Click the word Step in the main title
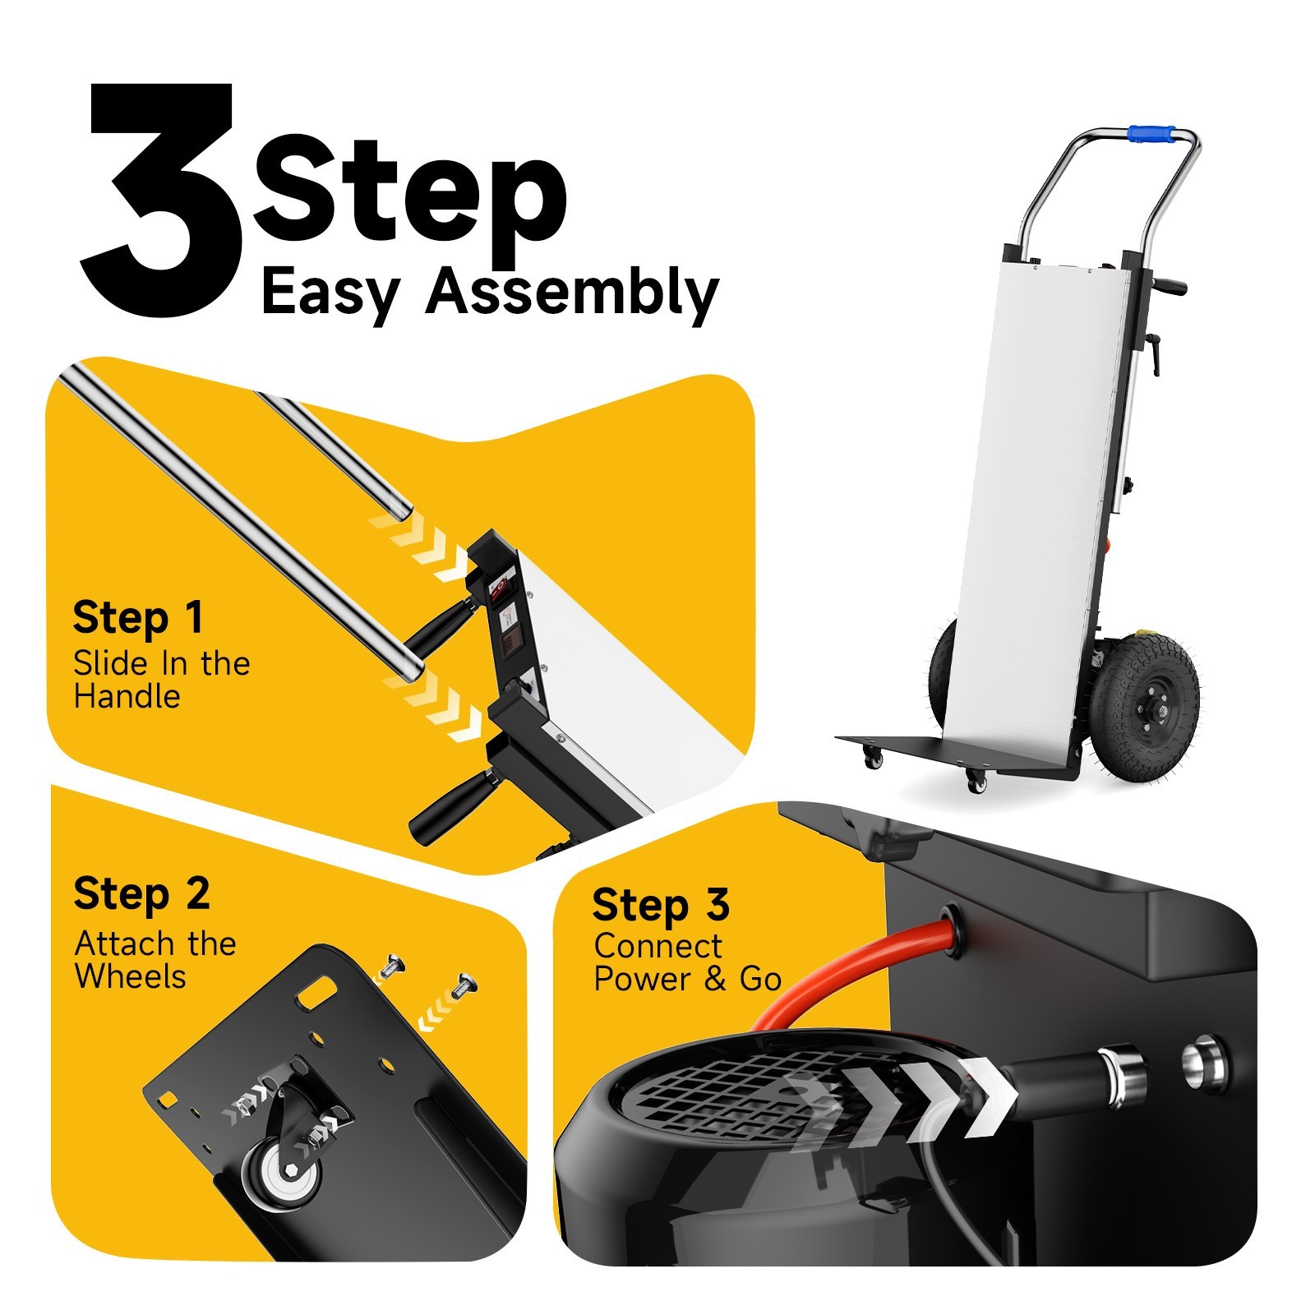tap(411, 193)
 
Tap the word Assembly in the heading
tap(573, 293)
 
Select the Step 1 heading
tap(137, 618)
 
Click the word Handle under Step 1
tap(127, 697)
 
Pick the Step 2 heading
tap(141, 894)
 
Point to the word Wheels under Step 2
tap(130, 976)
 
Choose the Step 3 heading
tap(661, 905)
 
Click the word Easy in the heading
tap(330, 293)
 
